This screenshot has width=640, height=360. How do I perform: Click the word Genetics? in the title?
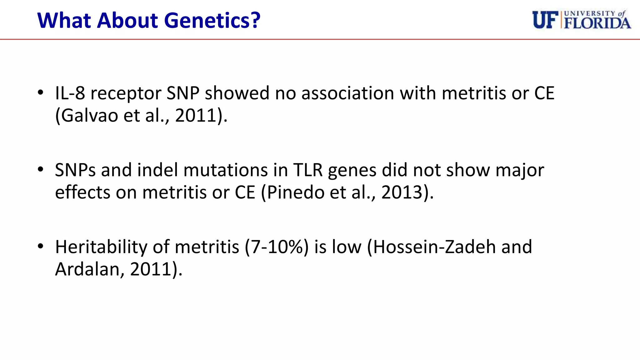212,21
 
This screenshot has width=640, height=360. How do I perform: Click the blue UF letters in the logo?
545,20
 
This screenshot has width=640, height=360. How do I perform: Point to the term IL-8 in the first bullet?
70,93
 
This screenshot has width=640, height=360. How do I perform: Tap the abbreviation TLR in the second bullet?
308,170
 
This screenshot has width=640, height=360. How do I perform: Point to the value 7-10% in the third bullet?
277,247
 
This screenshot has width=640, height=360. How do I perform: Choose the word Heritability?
101,247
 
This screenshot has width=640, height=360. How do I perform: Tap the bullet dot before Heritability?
40,246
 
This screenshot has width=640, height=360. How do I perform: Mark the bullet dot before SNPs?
40,169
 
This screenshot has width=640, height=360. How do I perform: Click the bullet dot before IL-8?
40,92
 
